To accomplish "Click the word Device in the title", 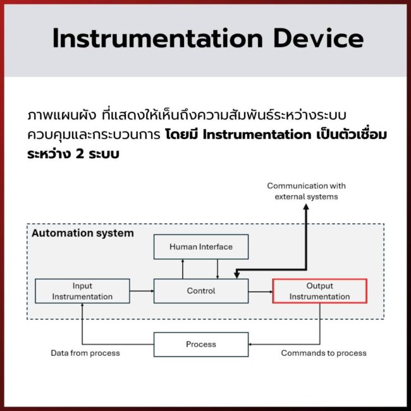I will point(319,39).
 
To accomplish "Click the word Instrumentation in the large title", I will point(157,39).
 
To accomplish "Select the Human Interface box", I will point(201,247).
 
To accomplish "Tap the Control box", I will point(201,291).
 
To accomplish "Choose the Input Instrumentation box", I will point(82,291).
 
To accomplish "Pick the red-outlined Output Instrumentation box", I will point(319,291).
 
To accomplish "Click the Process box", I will point(201,344).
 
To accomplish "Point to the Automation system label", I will point(83,233).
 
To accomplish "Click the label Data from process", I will point(85,353).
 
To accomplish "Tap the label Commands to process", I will point(324,353).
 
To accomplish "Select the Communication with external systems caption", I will point(306,191).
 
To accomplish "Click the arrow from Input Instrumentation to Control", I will point(142,291).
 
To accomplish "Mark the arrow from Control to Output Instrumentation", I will point(260,291).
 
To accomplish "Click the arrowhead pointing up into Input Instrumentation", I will point(82,306).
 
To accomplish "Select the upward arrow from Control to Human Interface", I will point(183,269).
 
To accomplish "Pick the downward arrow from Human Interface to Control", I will point(218,269).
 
